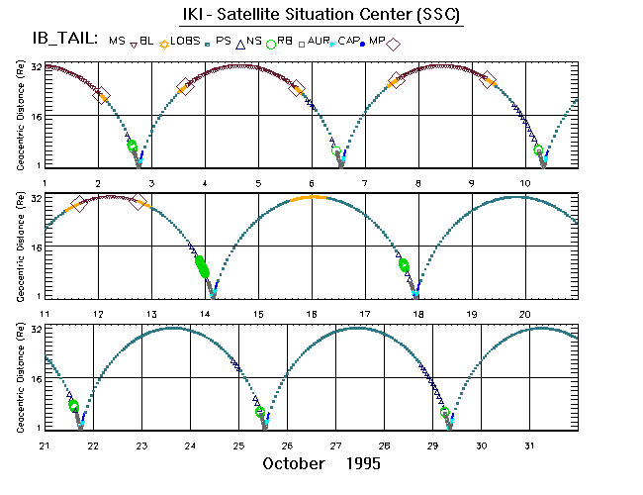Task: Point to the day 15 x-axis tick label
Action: point(258,314)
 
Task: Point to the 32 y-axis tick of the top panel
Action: point(35,66)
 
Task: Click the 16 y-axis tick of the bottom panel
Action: point(35,379)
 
